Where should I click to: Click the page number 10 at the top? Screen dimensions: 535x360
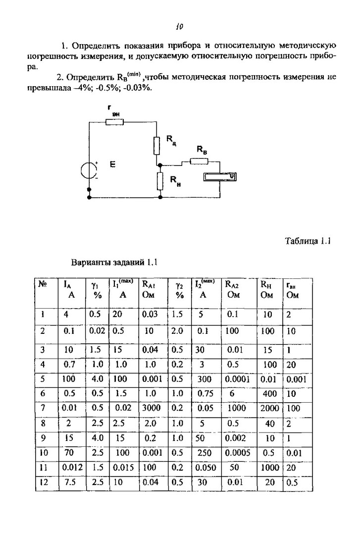click(x=179, y=26)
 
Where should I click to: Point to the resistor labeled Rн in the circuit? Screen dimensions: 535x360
click(x=160, y=181)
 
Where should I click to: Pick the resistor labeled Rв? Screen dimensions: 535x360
click(x=199, y=160)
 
